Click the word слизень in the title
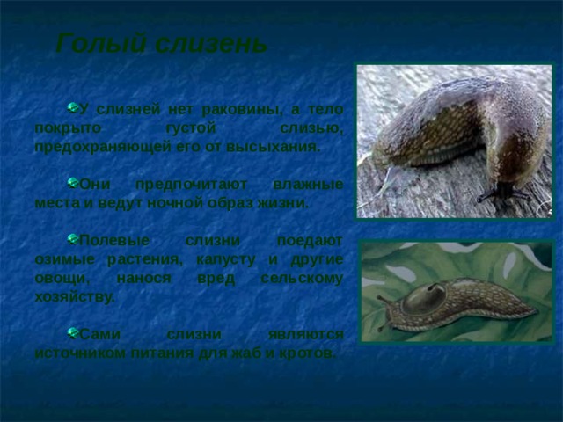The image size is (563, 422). (x=212, y=43)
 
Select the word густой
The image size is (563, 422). (x=191, y=128)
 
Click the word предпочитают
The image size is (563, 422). (x=191, y=185)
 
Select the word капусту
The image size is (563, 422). (x=226, y=259)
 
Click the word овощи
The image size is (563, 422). (x=62, y=278)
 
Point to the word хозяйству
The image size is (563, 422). (x=75, y=297)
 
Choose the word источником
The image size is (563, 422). (x=80, y=353)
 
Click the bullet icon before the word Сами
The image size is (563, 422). (x=73, y=332)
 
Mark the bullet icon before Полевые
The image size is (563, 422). (x=73, y=238)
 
